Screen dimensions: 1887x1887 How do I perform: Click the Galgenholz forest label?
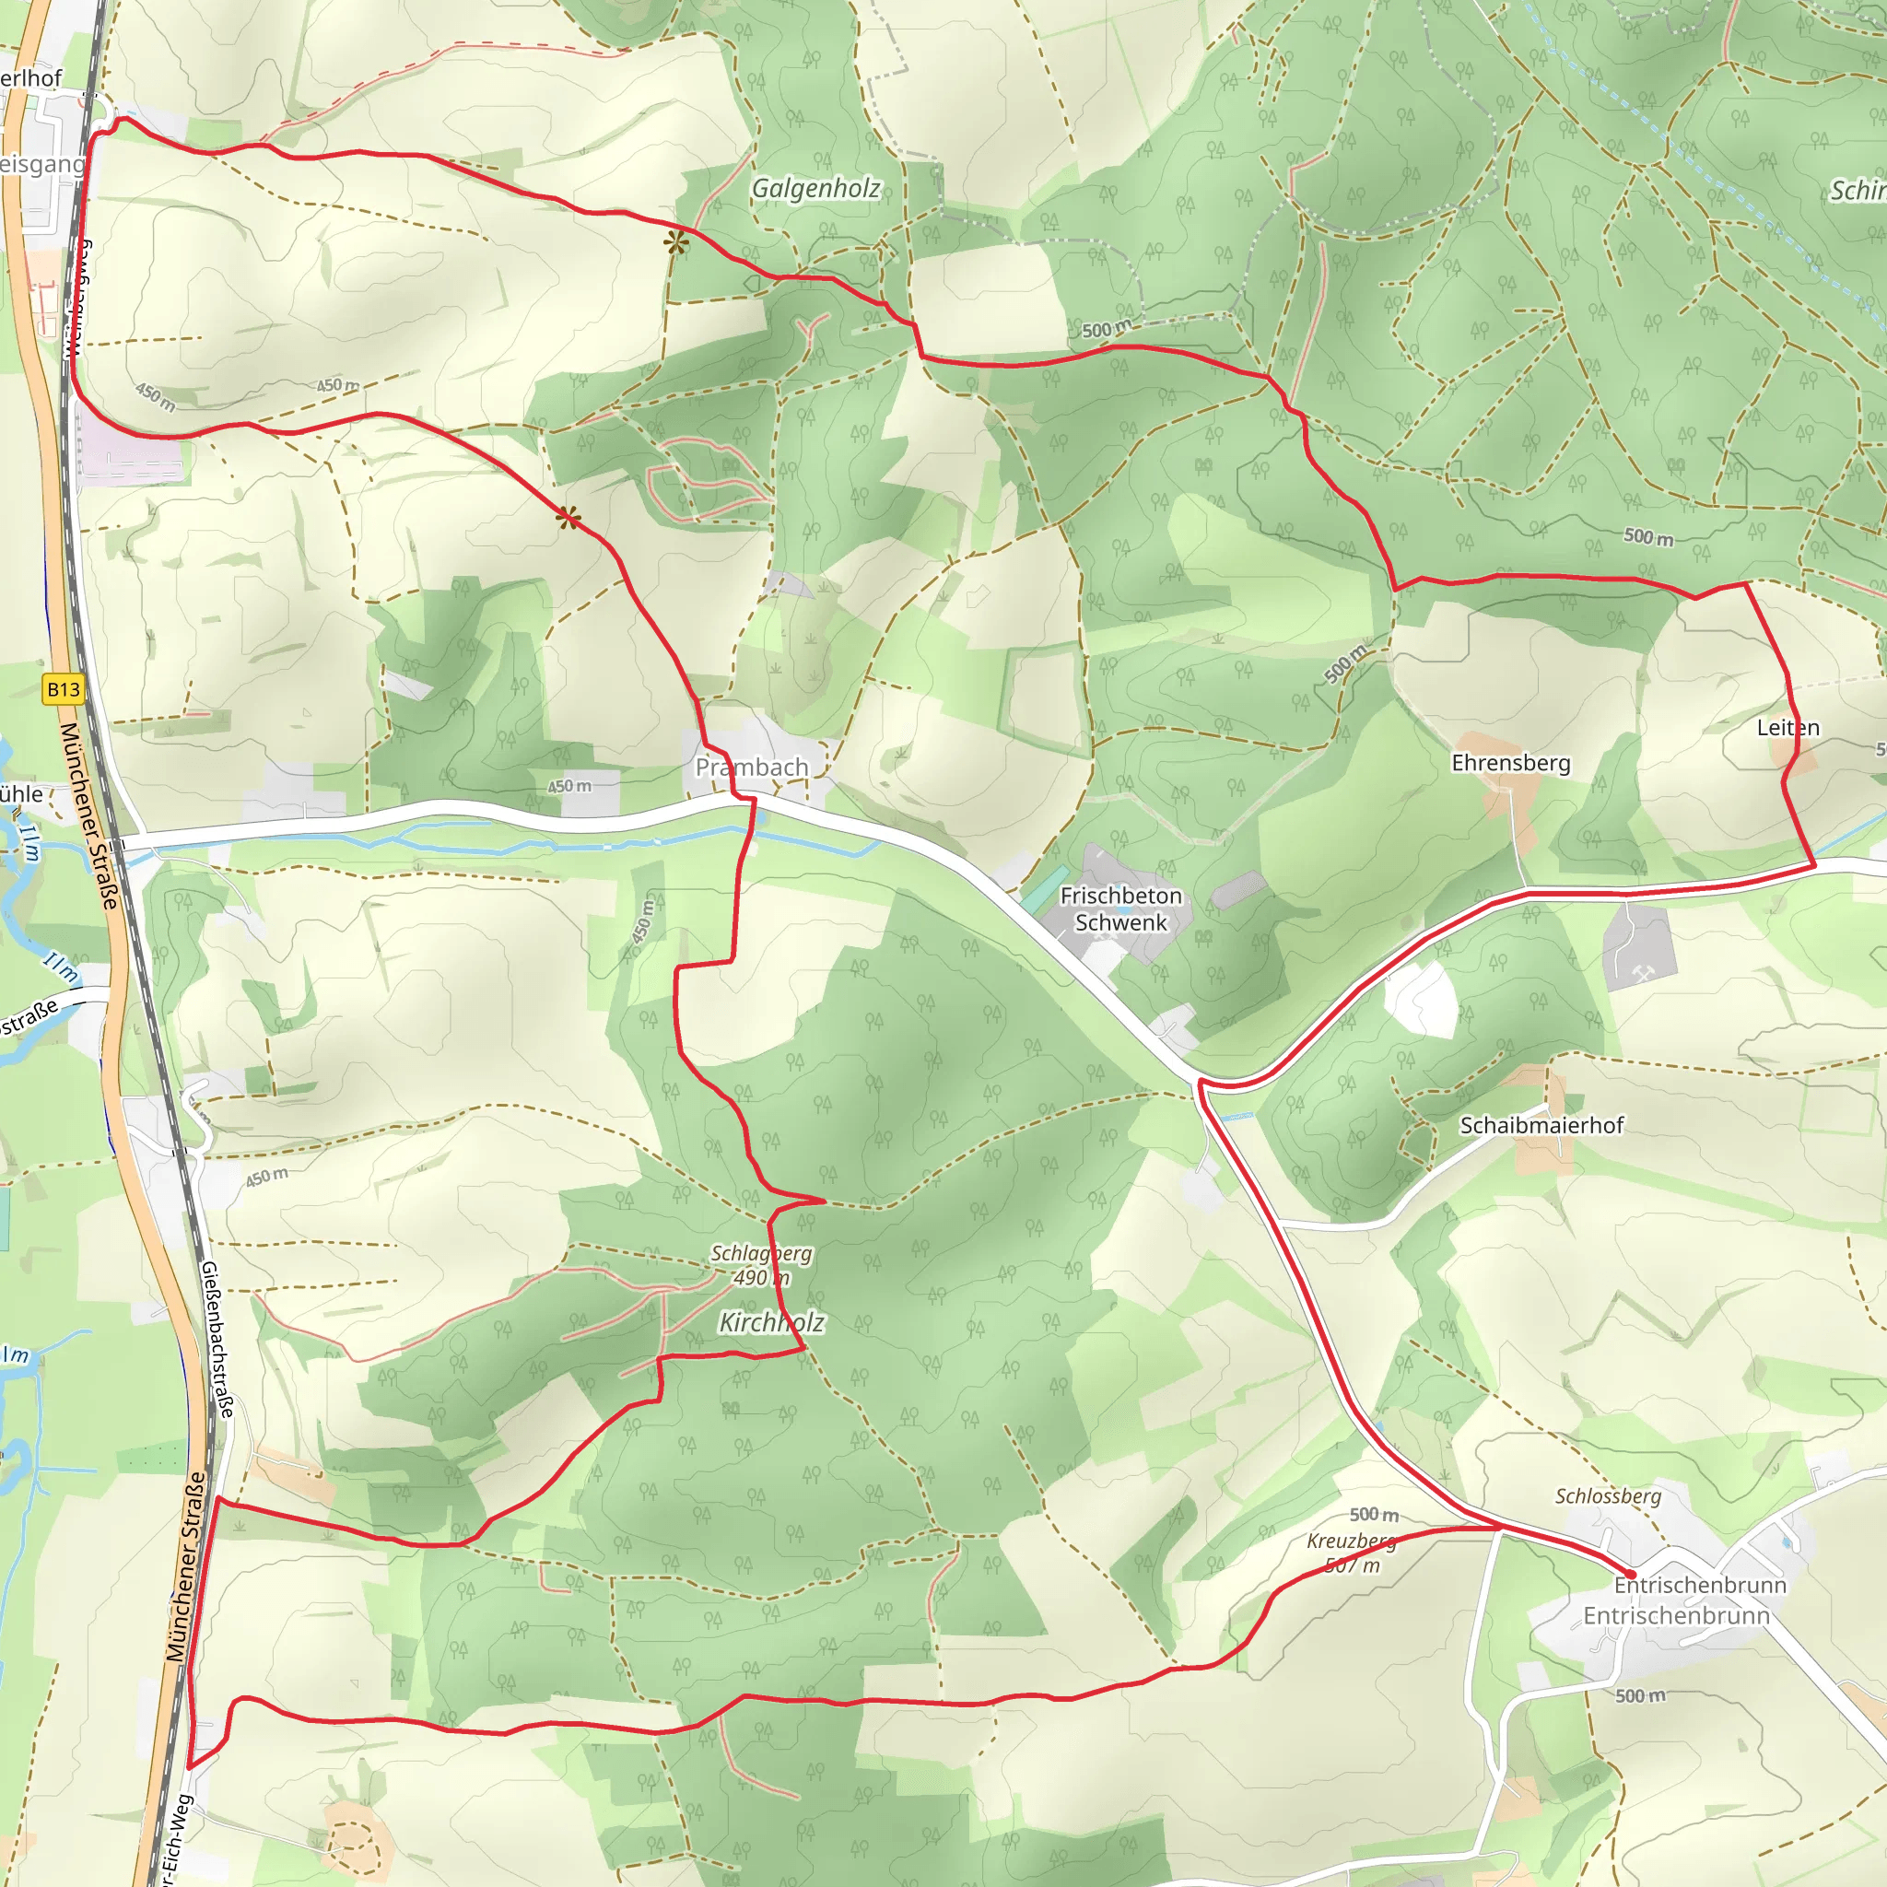point(815,188)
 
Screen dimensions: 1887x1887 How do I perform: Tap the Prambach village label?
point(751,768)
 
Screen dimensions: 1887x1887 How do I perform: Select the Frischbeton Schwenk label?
point(1120,908)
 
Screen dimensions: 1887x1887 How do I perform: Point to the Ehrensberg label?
point(1511,763)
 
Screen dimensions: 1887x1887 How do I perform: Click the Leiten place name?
point(1787,728)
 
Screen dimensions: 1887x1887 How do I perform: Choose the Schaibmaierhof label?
point(1541,1125)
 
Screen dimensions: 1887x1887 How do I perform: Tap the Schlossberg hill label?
point(1608,1496)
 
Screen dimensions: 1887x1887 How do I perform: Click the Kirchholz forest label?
point(771,1322)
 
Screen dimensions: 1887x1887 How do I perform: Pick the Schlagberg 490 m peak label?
point(761,1265)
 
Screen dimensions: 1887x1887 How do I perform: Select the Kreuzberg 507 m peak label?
point(1352,1553)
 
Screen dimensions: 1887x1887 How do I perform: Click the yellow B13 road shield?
point(64,689)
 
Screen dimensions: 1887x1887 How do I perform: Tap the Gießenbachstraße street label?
point(217,1339)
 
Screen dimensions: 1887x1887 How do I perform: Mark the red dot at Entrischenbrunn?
point(1630,1575)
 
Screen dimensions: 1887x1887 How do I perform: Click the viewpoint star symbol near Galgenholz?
point(676,243)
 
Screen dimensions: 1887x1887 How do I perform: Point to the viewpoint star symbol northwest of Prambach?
point(568,518)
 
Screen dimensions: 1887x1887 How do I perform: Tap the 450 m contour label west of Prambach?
point(568,786)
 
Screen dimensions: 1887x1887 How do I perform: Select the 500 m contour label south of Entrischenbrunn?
point(1640,1695)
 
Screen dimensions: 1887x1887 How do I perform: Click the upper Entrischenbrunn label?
point(1699,1584)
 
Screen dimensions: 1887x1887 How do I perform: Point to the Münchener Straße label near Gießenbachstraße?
point(185,1566)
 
